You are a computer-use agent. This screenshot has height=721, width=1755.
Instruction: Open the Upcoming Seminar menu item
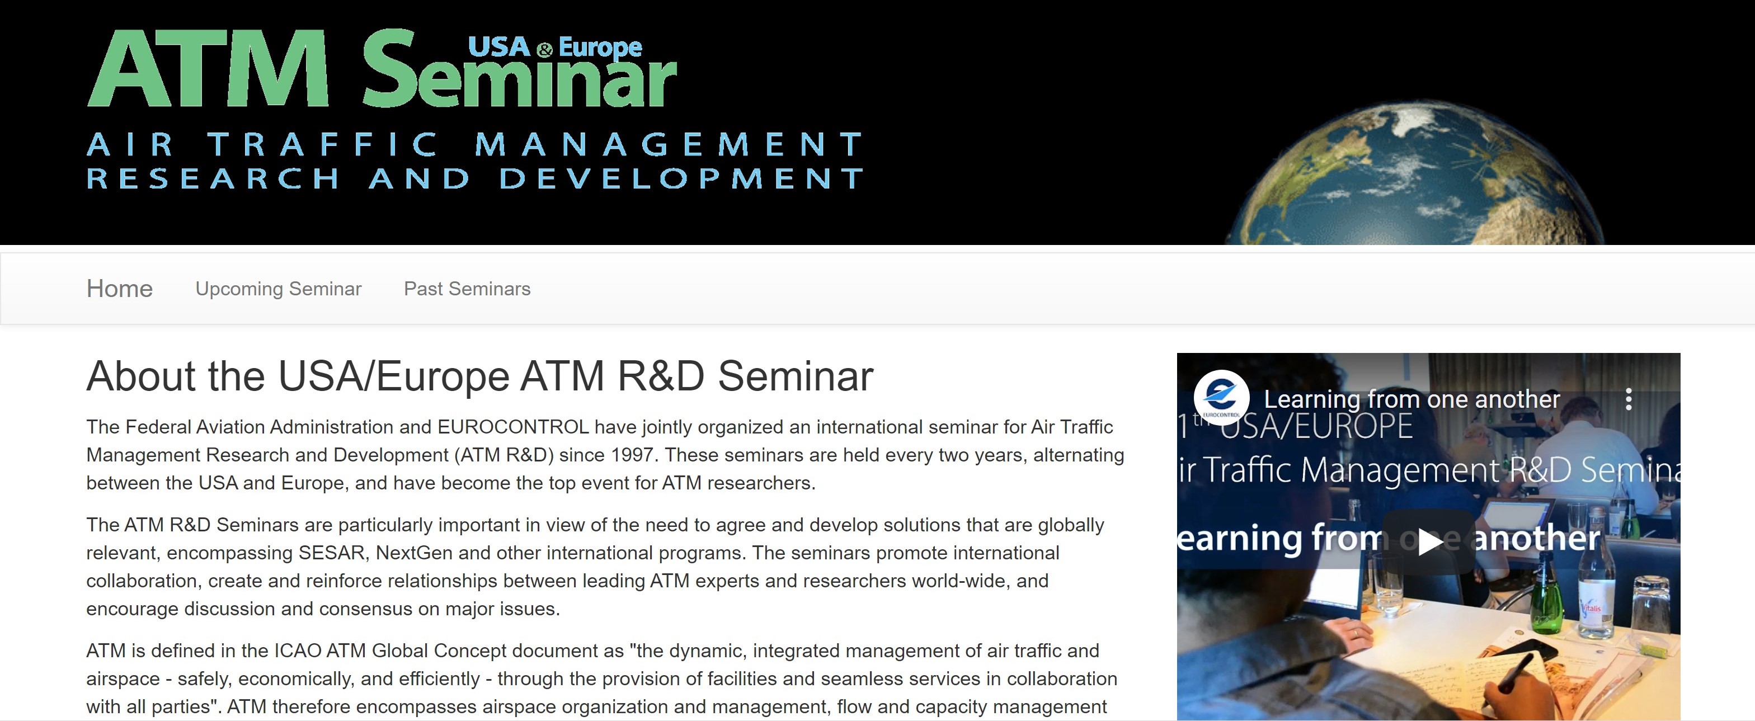278,289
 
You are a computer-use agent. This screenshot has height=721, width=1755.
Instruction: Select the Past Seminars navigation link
467,289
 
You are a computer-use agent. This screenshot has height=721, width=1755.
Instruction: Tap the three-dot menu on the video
1628,399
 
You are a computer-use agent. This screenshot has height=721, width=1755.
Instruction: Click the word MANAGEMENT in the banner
669,144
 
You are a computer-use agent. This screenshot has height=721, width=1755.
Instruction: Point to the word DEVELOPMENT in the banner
681,178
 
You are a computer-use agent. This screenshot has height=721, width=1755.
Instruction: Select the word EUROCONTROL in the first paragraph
513,427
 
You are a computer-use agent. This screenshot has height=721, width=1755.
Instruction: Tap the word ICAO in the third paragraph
297,651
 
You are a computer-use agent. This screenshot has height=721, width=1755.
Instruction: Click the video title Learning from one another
1411,399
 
